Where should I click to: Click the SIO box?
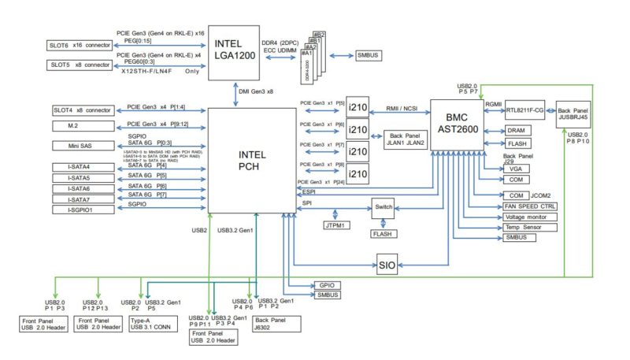tap(386, 265)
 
